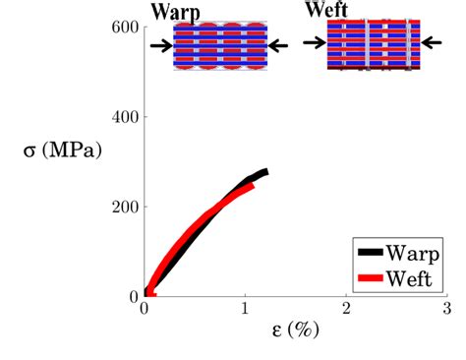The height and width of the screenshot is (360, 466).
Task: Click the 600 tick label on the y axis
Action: point(125,27)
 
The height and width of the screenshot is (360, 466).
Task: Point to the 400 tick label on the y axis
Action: point(125,117)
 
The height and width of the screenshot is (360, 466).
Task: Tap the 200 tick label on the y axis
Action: point(125,207)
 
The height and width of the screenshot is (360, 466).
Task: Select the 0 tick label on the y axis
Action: point(134,297)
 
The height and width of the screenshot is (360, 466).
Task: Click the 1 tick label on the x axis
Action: point(245,309)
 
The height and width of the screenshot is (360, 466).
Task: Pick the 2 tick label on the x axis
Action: point(346,309)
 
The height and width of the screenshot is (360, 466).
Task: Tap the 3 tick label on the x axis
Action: point(447,309)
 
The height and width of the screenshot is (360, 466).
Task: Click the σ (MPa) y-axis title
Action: point(63,150)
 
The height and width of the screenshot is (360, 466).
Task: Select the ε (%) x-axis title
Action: point(295,330)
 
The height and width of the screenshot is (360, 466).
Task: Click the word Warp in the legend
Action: point(413,253)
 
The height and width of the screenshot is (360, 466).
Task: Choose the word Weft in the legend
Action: point(409,278)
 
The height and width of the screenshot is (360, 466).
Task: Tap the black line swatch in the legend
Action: point(371,252)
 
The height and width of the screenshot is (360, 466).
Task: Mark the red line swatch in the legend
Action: point(371,278)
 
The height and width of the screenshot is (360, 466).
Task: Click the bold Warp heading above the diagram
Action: point(176,12)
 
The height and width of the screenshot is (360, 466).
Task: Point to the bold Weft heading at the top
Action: point(326,9)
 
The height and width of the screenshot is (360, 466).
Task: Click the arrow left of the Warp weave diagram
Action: point(161,45)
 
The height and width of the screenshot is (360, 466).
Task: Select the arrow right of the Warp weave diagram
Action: point(278,45)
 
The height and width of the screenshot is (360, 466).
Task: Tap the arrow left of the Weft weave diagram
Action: point(315,42)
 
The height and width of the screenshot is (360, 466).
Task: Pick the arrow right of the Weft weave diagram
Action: point(432,42)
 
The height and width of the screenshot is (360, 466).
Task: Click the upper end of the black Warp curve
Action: point(266,171)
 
